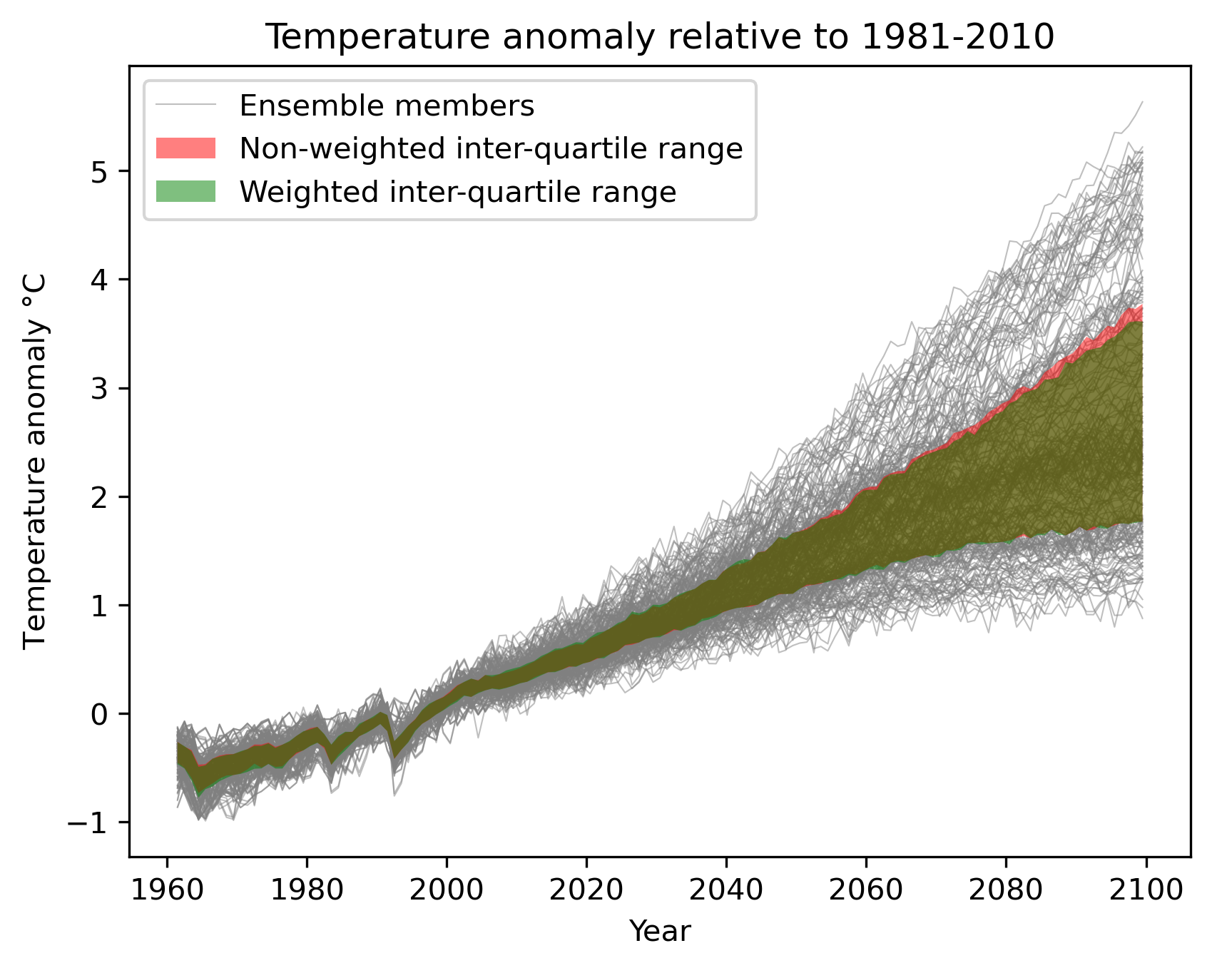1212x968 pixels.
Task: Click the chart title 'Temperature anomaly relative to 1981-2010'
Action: [659, 37]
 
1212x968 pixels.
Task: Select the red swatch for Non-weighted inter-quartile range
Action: [185, 148]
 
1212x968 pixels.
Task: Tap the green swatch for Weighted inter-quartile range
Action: [185, 191]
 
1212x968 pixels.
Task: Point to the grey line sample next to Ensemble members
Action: [185, 106]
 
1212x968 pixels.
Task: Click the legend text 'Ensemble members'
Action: [387, 106]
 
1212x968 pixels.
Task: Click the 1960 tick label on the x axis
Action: [167, 890]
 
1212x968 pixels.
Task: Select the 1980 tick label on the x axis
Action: [307, 890]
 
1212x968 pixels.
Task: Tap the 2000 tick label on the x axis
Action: [447, 890]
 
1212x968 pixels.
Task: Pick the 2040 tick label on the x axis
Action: [726, 890]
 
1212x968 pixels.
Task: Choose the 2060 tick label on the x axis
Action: [866, 890]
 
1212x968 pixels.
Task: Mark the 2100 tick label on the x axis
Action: [1146, 890]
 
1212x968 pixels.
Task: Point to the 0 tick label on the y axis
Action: [100, 714]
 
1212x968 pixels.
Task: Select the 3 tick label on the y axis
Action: [100, 389]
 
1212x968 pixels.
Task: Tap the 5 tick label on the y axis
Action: [100, 172]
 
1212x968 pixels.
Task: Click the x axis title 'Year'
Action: [659, 932]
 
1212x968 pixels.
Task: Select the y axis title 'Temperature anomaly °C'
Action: [35, 461]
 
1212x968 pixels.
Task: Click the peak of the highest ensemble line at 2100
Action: [1143, 103]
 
